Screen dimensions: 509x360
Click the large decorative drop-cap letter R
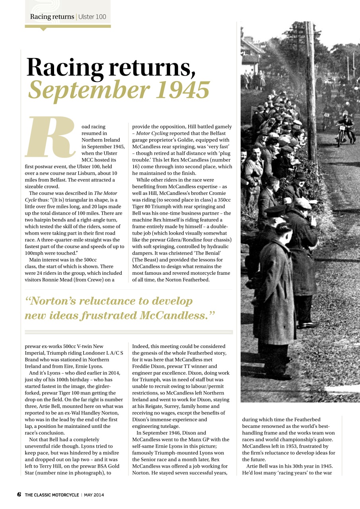pyautogui.click(x=51, y=137)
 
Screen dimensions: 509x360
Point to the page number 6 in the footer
pyautogui.click(x=19, y=495)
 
